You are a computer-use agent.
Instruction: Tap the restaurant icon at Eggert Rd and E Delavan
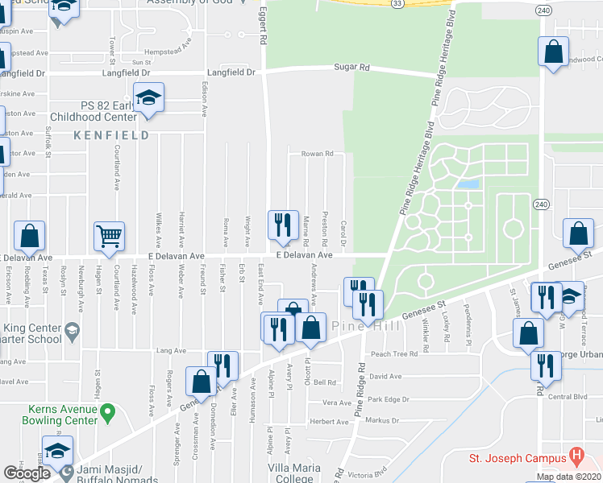click(x=282, y=225)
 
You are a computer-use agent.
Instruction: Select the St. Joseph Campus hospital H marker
click(x=576, y=456)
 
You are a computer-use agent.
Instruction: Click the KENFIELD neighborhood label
click(x=112, y=135)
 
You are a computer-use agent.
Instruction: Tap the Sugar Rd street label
click(x=351, y=68)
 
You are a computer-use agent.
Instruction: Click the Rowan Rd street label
click(x=317, y=153)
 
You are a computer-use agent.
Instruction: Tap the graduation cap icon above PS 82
click(x=148, y=98)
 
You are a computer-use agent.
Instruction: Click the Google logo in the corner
click(x=27, y=473)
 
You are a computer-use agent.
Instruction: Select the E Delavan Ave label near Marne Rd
click(x=304, y=255)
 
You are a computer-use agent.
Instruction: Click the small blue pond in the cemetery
click(x=467, y=184)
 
